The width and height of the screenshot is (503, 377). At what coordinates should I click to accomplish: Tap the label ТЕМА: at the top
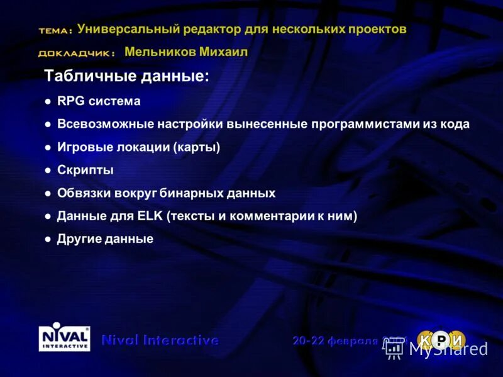click(55, 31)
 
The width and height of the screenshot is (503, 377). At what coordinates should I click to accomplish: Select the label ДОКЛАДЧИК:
click(76, 53)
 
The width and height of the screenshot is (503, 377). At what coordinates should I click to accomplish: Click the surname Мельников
click(160, 52)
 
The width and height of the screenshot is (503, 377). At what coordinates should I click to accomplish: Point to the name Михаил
click(223, 52)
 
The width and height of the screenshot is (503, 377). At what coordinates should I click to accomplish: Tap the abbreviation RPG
click(71, 101)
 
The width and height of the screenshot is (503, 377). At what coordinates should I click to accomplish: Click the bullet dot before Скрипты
click(48, 171)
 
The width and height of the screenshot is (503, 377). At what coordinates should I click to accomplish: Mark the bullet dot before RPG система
click(48, 101)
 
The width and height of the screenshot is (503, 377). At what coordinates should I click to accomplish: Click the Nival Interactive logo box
click(64, 339)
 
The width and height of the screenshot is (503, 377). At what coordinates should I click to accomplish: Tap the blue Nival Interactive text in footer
click(160, 340)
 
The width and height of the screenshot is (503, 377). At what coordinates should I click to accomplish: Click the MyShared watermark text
click(448, 349)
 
